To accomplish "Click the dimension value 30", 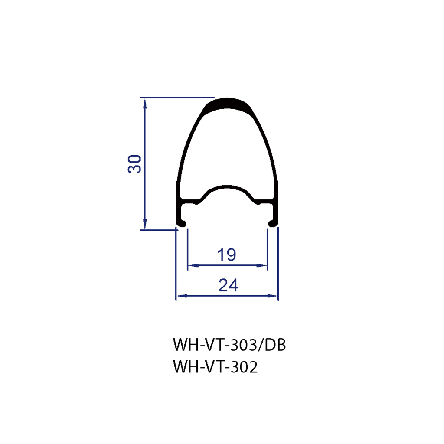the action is pyautogui.click(x=134, y=164).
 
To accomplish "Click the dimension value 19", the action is pyautogui.click(x=226, y=255).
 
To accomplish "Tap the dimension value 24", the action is pyautogui.click(x=228, y=285).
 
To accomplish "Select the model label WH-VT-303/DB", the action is pyautogui.click(x=229, y=345).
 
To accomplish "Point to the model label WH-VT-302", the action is pyautogui.click(x=215, y=367).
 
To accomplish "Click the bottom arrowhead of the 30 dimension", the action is pyautogui.click(x=145, y=224).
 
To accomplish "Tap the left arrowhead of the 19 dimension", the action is pyautogui.click(x=193, y=266).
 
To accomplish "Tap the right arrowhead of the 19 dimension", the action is pyautogui.click(x=262, y=266).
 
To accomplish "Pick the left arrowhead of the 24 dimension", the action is pyautogui.click(x=182, y=296).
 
